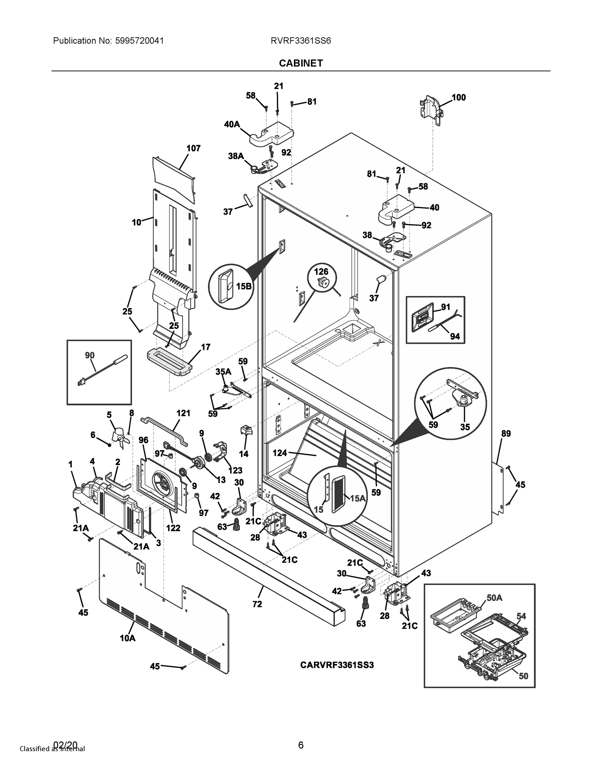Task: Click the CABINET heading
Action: [301, 63]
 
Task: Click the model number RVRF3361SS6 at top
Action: [301, 41]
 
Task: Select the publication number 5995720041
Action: [139, 41]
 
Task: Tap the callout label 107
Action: [193, 148]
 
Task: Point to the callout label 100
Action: [459, 97]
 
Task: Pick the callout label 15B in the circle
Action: [244, 286]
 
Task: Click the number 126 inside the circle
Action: [321, 271]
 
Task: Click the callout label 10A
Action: [127, 638]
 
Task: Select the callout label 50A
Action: [494, 598]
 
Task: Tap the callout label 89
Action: [506, 433]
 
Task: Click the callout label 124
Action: [280, 453]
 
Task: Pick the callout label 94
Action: [455, 336]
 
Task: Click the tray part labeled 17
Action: [167, 362]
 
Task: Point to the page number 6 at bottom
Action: [301, 745]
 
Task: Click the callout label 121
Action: [183, 413]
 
